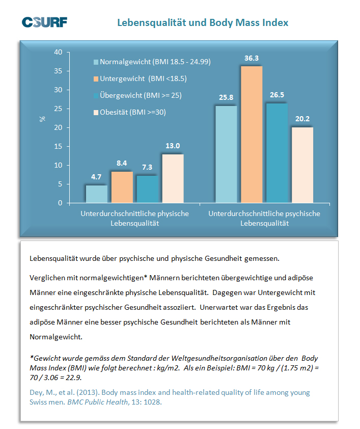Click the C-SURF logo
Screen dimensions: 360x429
[x=45, y=22]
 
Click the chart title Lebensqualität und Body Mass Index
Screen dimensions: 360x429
[x=203, y=22]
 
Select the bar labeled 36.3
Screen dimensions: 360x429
[x=252, y=135]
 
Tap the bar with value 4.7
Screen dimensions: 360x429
[x=96, y=194]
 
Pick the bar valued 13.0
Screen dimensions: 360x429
[x=173, y=178]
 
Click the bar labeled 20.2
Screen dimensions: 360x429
[x=302, y=165]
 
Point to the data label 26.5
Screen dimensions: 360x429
[x=277, y=95]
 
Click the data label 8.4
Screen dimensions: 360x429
[x=122, y=163]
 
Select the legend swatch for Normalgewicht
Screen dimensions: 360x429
[x=96, y=62]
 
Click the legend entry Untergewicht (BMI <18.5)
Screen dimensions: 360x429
[x=140, y=79]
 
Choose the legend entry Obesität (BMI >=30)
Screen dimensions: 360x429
[x=129, y=112]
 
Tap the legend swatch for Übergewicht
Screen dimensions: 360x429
[x=96, y=96]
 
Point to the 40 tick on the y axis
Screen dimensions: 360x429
[x=58, y=52]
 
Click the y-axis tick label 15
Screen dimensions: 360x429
[x=58, y=146]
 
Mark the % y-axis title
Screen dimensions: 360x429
[x=42, y=119]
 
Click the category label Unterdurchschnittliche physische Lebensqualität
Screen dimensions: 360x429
[x=135, y=219]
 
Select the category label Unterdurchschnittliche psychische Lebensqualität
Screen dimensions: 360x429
[x=264, y=219]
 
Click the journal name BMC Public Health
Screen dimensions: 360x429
[x=98, y=402]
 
